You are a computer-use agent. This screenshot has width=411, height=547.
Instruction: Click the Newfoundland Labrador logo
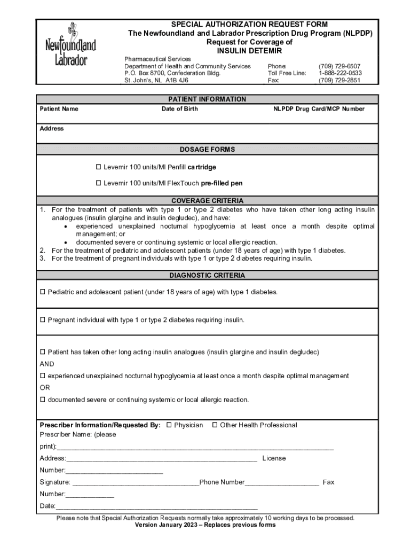click(x=70, y=45)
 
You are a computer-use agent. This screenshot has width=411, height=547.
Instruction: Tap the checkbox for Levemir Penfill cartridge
click(x=98, y=167)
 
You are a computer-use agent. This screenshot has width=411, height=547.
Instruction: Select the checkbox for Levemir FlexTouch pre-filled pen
click(x=98, y=183)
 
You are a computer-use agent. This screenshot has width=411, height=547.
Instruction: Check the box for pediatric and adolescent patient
click(x=43, y=292)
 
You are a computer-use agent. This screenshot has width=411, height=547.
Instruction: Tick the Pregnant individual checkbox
click(x=43, y=320)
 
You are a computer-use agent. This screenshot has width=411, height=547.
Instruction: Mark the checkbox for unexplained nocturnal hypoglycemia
click(x=43, y=376)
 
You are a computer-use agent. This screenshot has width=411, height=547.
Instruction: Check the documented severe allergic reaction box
click(x=43, y=400)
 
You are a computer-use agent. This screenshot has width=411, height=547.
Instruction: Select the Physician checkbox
click(x=169, y=425)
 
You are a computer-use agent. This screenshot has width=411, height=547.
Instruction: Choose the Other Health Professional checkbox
click(x=215, y=425)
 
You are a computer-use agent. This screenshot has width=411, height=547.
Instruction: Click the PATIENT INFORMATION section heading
click(x=207, y=99)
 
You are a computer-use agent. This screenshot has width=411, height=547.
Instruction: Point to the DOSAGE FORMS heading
click(x=207, y=150)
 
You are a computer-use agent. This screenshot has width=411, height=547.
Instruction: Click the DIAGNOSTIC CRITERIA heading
click(x=207, y=276)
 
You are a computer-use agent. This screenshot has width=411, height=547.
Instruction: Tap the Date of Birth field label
click(x=179, y=109)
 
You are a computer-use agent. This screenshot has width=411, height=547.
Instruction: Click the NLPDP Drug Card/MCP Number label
click(x=319, y=109)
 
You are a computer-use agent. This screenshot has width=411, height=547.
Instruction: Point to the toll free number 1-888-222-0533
click(x=340, y=73)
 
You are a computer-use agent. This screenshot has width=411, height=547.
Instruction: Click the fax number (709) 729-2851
click(x=339, y=80)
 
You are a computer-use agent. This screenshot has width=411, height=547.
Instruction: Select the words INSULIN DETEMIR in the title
click(x=249, y=51)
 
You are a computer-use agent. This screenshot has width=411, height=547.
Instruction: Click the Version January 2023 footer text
click(x=205, y=525)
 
